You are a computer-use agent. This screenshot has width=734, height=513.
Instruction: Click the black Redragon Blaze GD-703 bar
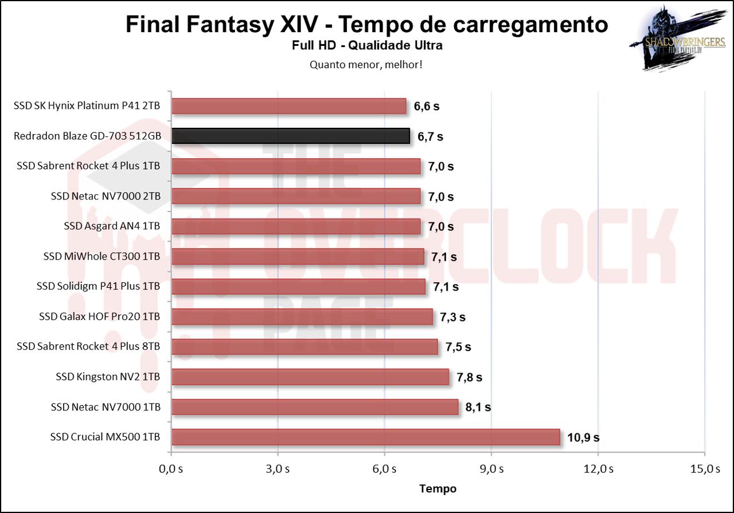(x=290, y=136)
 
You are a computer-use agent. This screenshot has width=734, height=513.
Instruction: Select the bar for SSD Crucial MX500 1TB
(x=365, y=437)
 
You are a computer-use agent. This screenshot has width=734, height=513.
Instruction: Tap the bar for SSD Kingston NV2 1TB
(x=310, y=377)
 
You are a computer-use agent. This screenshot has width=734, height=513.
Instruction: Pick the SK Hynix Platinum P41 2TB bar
(x=288, y=106)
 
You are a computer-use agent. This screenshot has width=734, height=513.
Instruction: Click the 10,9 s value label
(x=583, y=437)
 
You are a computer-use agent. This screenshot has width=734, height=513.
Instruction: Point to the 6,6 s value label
(x=427, y=107)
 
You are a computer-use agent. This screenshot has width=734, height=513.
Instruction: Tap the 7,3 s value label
(x=452, y=317)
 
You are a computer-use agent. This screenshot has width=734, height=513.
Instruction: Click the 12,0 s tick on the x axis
(x=598, y=469)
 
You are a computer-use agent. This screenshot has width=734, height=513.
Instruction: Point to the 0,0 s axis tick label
(x=171, y=469)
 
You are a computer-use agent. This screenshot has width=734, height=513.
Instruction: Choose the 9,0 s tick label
(x=491, y=469)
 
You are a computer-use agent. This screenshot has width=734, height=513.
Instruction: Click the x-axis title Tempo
(x=438, y=488)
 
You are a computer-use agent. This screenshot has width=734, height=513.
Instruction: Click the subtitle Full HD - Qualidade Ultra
(x=367, y=45)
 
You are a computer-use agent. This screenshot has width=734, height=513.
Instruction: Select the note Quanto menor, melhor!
(x=366, y=64)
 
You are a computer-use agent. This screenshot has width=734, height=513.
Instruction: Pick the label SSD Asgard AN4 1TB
(x=112, y=226)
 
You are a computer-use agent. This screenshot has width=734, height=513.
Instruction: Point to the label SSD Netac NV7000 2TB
(x=105, y=196)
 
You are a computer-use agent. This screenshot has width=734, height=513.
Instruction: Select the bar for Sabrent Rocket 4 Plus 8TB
(x=304, y=347)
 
